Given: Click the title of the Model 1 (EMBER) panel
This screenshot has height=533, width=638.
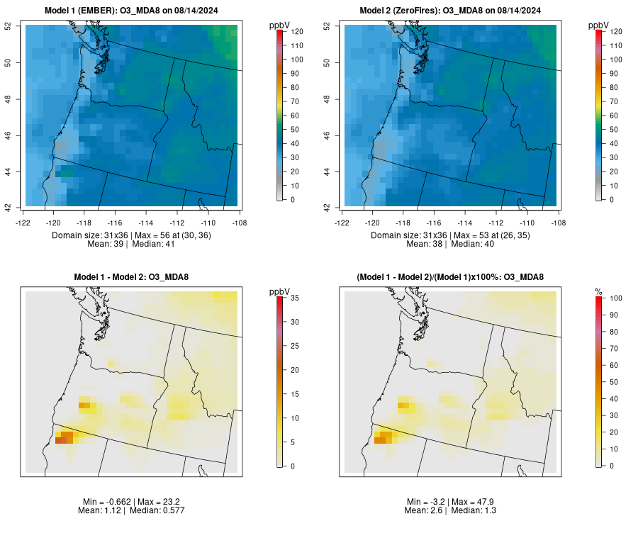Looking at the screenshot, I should pyautogui.click(x=132, y=11).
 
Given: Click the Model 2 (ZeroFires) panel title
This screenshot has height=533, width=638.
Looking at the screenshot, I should pyautogui.click(x=452, y=11).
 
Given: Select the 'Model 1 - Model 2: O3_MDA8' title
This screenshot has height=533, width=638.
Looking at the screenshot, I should pyautogui.click(x=132, y=276).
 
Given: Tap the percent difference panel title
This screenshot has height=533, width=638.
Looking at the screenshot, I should pyautogui.click(x=452, y=276).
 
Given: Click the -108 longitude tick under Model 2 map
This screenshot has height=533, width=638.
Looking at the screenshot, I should pyautogui.click(x=558, y=222).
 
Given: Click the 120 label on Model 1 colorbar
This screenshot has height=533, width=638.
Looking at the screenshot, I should pyautogui.click(x=298, y=32).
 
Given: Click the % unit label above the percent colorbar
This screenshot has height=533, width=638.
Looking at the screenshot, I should pyautogui.click(x=598, y=291).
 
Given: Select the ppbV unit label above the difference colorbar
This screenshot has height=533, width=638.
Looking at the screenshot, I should pyautogui.click(x=280, y=291).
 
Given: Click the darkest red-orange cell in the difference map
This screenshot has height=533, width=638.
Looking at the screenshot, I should pyautogui.click(x=60, y=440).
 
